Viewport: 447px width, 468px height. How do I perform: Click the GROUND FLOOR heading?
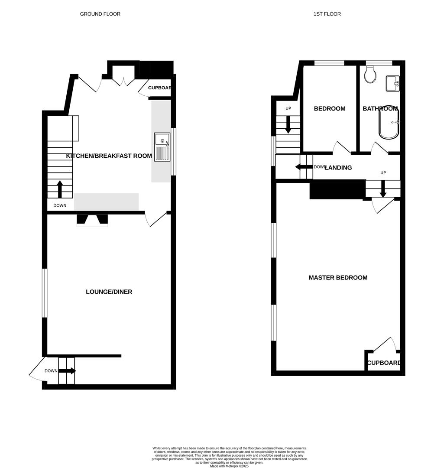tap(100, 14)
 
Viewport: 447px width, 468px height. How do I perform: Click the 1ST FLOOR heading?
tap(327, 14)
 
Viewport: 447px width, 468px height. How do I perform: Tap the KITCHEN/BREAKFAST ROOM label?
tap(109, 156)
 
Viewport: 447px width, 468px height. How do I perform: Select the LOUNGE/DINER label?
tap(109, 292)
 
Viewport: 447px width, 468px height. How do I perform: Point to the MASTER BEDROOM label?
tap(338, 278)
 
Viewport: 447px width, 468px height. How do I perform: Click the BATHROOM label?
tap(380, 109)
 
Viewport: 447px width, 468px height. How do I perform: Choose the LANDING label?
tap(338, 168)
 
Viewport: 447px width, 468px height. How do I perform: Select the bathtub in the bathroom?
tap(389, 123)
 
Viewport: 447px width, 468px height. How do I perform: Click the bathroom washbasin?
tap(392, 83)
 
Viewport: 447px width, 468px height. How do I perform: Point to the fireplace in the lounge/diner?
tap(92, 220)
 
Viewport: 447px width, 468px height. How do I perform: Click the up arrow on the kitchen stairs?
tap(60, 189)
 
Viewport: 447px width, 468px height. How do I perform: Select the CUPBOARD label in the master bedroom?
tap(384, 363)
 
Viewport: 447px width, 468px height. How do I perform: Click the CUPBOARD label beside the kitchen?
tap(160, 88)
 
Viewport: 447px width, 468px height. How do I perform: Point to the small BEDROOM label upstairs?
tap(330, 109)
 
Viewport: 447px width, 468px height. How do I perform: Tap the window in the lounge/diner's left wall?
tap(44, 293)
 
